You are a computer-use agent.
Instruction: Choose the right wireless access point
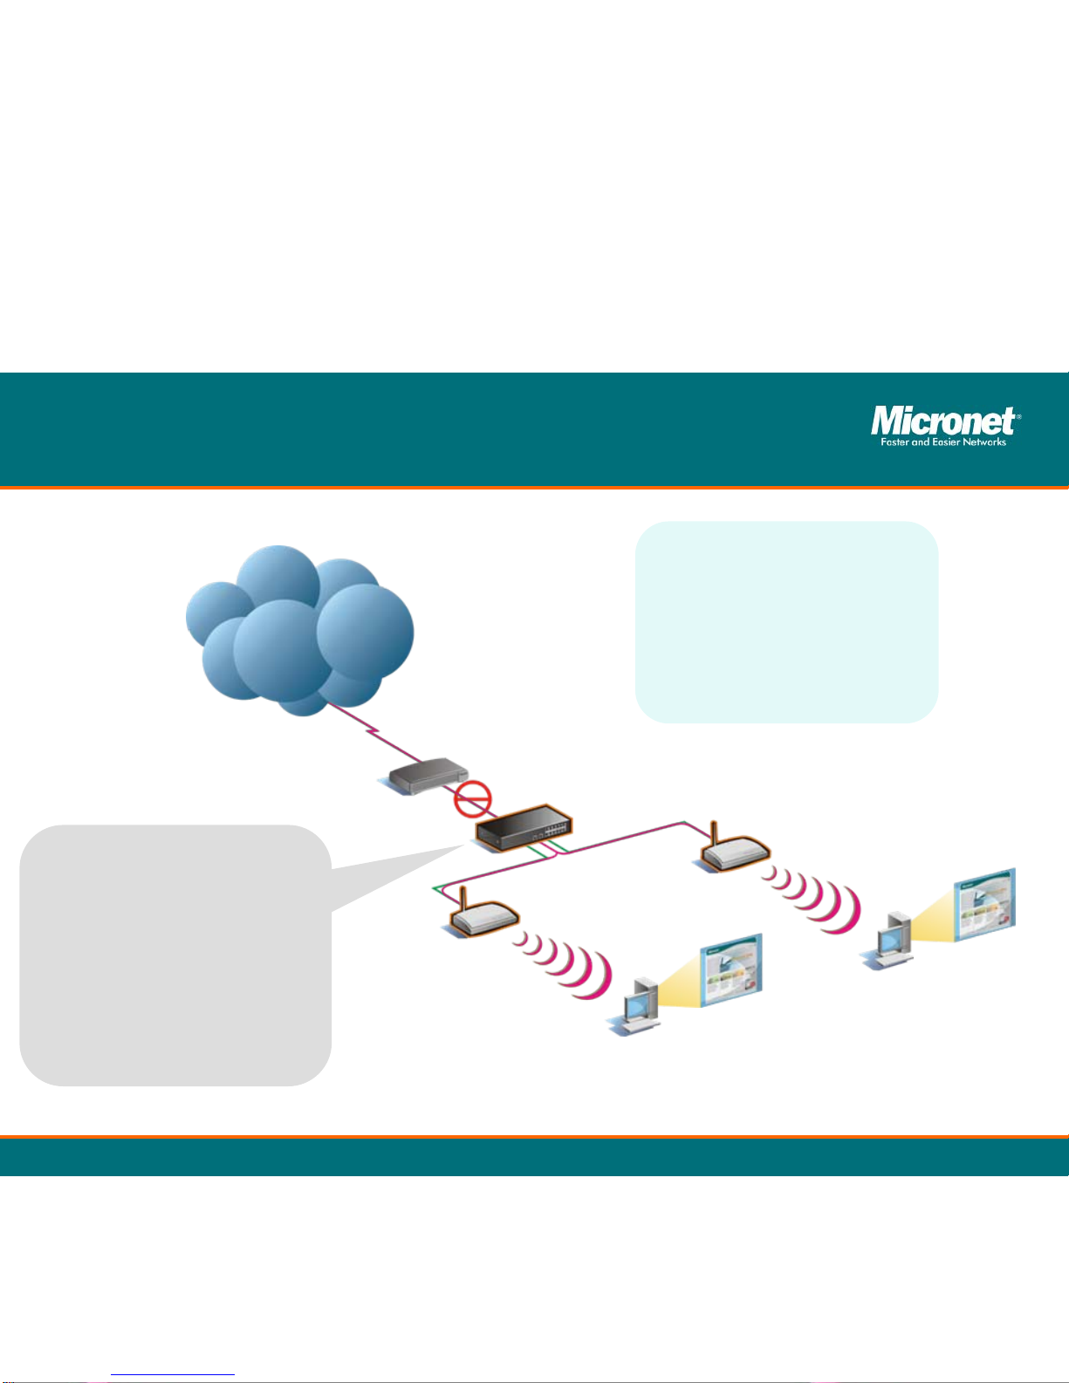click(x=733, y=852)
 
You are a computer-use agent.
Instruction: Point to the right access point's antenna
click(x=713, y=836)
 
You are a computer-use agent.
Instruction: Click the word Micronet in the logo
click(x=942, y=422)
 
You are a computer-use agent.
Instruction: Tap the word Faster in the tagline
click(x=894, y=442)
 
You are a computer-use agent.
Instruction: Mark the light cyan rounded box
click(x=786, y=621)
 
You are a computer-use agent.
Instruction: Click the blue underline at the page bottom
click(x=173, y=1375)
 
